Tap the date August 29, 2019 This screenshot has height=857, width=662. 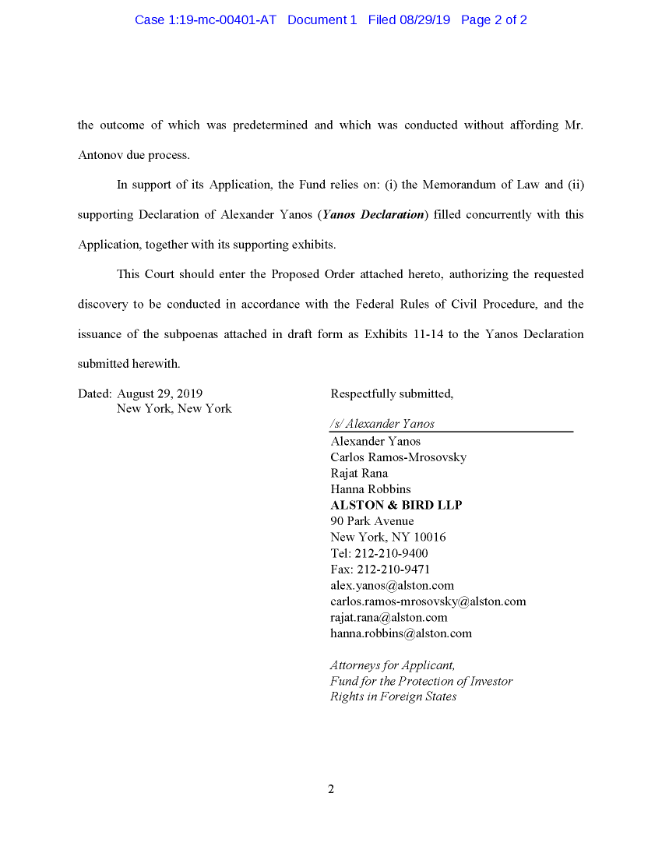click(160, 394)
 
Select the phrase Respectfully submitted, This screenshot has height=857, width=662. click(392, 394)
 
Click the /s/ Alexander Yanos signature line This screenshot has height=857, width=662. click(382, 425)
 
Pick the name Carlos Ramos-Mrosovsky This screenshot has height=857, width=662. click(398, 457)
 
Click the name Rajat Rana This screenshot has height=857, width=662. click(359, 474)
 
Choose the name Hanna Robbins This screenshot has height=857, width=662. click(371, 489)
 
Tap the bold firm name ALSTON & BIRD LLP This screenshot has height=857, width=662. click(396, 506)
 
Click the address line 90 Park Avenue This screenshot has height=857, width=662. click(372, 521)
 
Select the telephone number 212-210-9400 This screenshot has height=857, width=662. click(391, 553)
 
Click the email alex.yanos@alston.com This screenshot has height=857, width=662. click(392, 585)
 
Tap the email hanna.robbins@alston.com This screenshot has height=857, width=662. click(401, 633)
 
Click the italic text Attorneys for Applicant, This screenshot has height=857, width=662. click(393, 665)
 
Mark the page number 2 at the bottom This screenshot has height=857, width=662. click(331, 789)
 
